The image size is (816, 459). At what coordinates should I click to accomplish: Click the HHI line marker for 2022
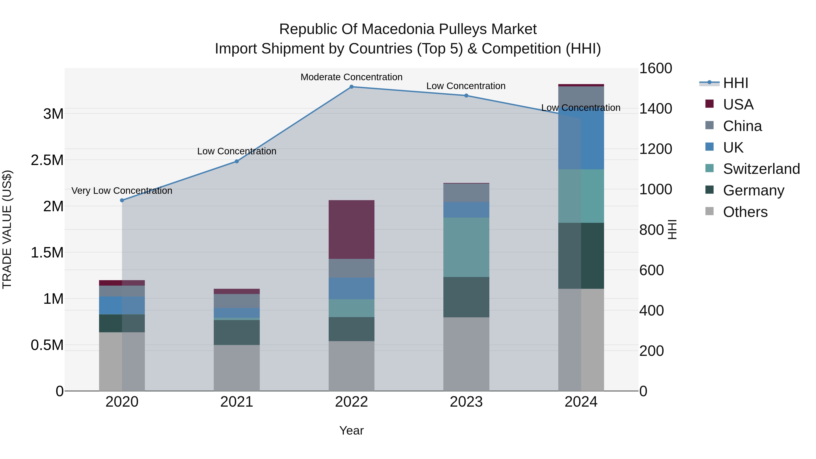coord(351,87)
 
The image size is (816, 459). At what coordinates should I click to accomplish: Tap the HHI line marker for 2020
coord(122,200)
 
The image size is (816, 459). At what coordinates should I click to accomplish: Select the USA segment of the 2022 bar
coord(351,229)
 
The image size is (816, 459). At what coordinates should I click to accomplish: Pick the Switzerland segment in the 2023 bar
coord(466,247)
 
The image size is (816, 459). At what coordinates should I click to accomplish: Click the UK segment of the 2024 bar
coord(581,139)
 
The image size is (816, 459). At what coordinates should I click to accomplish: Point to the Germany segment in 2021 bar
coord(237,332)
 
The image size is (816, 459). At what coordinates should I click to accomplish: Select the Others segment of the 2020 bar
coord(122,362)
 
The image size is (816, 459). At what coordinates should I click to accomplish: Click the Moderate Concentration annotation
coord(351,77)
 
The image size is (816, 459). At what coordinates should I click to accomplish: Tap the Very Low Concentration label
coord(122,191)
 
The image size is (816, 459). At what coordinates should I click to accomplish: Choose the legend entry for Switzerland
coord(761,169)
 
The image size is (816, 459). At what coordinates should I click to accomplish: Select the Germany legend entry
coord(753,190)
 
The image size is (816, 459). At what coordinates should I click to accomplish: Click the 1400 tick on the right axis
coord(655,109)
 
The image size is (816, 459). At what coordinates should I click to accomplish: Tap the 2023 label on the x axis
coord(466,402)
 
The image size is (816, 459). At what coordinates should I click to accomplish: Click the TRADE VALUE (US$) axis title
coord(7,229)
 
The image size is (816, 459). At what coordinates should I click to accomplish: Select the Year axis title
coord(351,430)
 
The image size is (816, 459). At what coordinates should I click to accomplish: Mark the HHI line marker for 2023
coord(466,96)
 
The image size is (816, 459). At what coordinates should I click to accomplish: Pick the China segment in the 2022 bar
coord(351,268)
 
